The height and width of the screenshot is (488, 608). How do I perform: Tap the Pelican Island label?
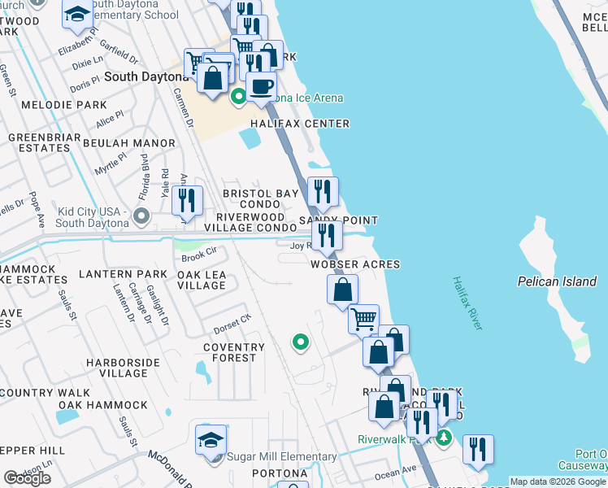557,281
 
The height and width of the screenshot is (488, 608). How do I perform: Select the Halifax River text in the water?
467,303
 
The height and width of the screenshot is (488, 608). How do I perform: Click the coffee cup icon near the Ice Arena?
261,86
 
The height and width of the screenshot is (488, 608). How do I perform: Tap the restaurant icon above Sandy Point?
322,193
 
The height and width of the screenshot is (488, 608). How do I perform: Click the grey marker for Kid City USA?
141,216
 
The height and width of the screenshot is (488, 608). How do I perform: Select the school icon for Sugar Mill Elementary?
211,440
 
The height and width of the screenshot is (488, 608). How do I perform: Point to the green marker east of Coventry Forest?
300,342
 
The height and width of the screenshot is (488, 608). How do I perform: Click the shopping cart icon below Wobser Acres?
363,318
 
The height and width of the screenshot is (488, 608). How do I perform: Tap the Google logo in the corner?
28,477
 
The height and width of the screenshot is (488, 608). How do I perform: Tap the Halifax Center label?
300,124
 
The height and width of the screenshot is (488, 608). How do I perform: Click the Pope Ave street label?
36,208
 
